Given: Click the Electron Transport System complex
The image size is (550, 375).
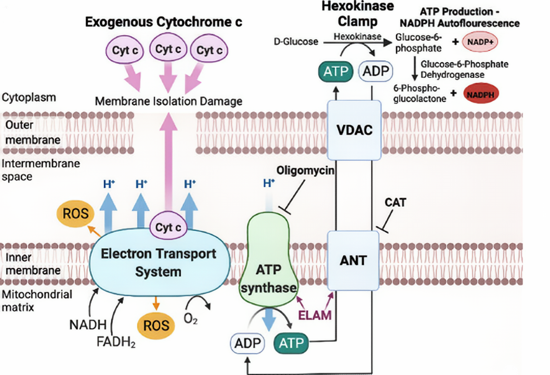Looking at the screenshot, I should (159, 263).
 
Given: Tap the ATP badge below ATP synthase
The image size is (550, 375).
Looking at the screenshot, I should (291, 343).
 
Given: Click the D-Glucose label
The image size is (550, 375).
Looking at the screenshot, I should (295, 41).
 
